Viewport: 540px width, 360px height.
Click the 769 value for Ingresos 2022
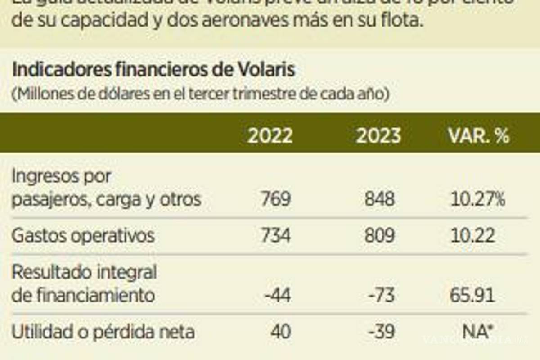[276, 199]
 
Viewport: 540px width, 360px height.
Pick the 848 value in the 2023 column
[380, 199]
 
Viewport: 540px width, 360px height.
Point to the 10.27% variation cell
[477, 199]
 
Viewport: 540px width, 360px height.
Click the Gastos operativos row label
[83, 236]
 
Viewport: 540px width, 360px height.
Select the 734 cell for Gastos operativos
[275, 236]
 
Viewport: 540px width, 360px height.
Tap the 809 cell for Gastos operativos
[380, 236]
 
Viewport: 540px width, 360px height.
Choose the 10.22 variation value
[472, 236]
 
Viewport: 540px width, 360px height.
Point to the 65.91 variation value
[472, 296]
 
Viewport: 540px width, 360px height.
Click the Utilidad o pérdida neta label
[103, 333]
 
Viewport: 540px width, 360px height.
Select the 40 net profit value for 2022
[280, 333]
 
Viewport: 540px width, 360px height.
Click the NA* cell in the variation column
[476, 333]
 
